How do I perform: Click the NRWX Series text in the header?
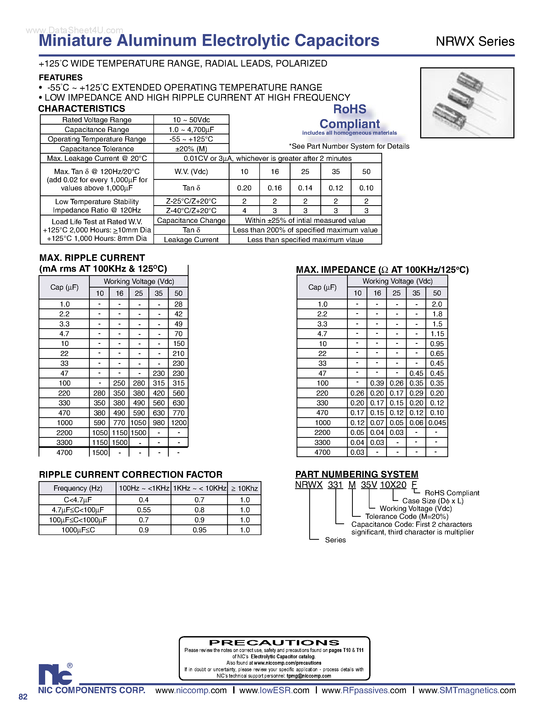coord(475,41)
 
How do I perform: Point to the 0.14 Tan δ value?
coord(305,188)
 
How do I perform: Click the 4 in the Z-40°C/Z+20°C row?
coord(244,210)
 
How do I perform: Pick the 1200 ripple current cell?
coord(179,423)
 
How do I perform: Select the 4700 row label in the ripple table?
coord(64,452)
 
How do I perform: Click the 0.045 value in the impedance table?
coord(437,423)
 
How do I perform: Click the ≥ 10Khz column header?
coord(244,488)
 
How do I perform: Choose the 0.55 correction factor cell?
coord(144,510)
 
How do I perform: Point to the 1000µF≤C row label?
coord(78,530)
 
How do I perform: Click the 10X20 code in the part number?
coord(393,485)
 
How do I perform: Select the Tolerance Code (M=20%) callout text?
coord(407,517)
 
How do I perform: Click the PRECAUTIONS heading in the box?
coord(274,642)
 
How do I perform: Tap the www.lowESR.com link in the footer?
coord(274,690)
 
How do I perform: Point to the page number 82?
coord(23,697)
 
